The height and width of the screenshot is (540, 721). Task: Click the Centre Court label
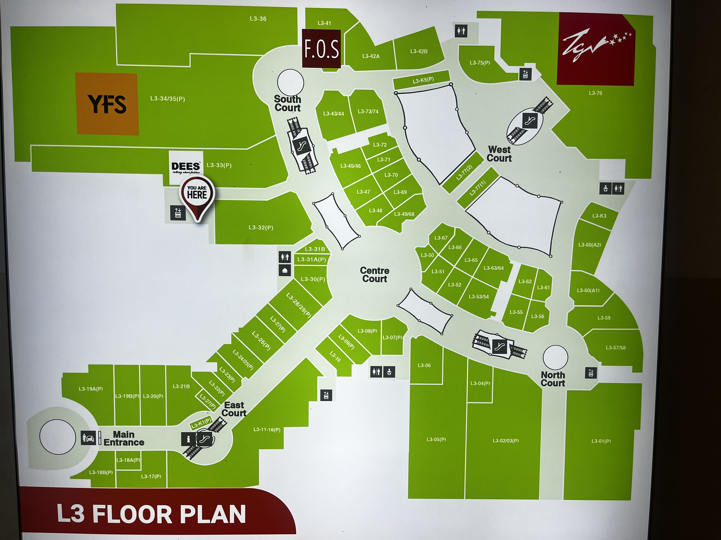[374, 275]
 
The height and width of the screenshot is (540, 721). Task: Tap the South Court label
[288, 104]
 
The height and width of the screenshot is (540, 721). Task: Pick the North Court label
[553, 379]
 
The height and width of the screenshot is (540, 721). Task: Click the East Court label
[234, 409]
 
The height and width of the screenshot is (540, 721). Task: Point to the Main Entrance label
[124, 438]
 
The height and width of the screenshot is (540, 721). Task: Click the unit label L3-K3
[599, 216]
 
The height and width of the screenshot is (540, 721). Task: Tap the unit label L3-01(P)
[601, 441]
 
